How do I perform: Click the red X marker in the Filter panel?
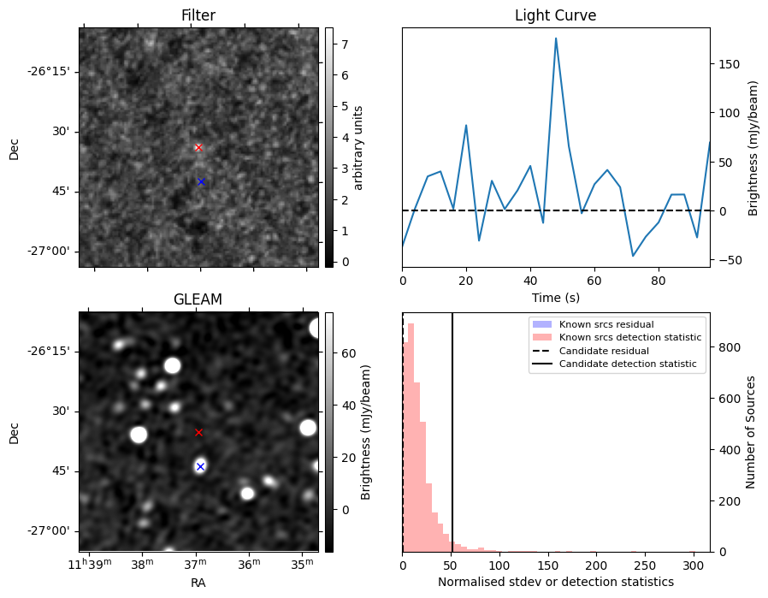198,147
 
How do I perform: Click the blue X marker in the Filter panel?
201,181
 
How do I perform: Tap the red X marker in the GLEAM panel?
198,432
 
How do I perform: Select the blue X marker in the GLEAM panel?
200,466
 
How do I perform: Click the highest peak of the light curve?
556,38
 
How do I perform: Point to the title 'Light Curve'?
555,15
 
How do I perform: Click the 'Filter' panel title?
198,15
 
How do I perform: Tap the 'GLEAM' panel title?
198,299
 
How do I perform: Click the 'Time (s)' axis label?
555,298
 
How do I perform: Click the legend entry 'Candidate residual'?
604,351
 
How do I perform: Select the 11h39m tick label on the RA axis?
92,564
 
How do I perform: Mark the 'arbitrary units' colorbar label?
359,147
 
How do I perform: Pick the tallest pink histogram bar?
411,436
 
